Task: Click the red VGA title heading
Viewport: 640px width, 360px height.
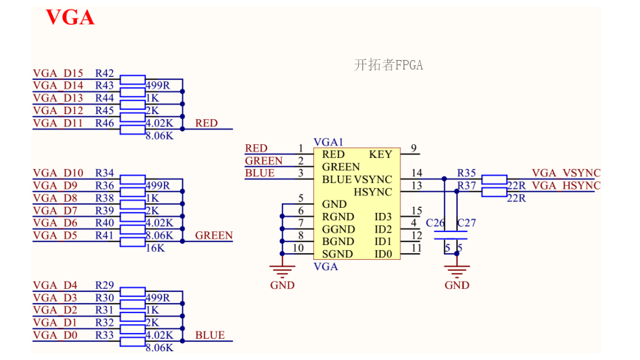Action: tap(70, 18)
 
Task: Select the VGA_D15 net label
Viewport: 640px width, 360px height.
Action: tap(58, 73)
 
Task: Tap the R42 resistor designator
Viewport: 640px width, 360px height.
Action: tap(104, 73)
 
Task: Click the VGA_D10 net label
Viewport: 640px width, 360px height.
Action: tap(58, 173)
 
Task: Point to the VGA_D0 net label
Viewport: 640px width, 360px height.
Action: tap(55, 334)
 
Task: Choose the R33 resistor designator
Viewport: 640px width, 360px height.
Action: tap(104, 334)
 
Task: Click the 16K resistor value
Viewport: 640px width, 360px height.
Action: tap(155, 248)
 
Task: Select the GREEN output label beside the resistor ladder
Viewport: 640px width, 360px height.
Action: tap(214, 236)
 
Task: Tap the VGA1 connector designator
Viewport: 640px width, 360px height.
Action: tap(328, 142)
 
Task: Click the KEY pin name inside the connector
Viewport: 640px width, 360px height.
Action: tap(381, 154)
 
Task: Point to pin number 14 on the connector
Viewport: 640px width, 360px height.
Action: tap(417, 173)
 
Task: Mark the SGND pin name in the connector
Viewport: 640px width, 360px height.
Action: tap(338, 254)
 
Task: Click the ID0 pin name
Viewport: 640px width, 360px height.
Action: tap(383, 254)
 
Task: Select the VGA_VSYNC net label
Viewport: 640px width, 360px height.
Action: tap(565, 173)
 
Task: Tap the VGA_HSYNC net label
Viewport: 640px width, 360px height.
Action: tap(565, 185)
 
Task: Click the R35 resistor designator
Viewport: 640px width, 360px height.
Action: tap(466, 173)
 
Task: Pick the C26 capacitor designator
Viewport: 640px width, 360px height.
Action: tap(435, 222)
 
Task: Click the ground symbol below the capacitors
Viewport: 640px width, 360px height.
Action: tap(458, 273)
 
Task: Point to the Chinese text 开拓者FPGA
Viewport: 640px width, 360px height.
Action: tap(389, 65)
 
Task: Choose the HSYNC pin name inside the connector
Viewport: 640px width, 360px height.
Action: tap(373, 192)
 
